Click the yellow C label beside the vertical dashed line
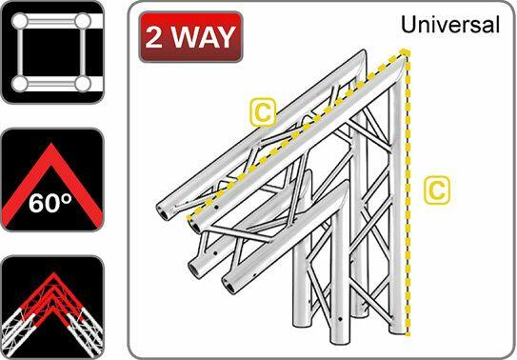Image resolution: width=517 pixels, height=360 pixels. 435,190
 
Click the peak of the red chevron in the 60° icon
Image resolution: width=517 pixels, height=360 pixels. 51,143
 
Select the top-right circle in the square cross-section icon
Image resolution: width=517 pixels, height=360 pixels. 83,21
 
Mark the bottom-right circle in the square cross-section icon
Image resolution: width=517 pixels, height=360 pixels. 83,84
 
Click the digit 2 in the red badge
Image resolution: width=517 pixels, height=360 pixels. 156,37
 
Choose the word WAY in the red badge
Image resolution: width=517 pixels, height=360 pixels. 202,37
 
